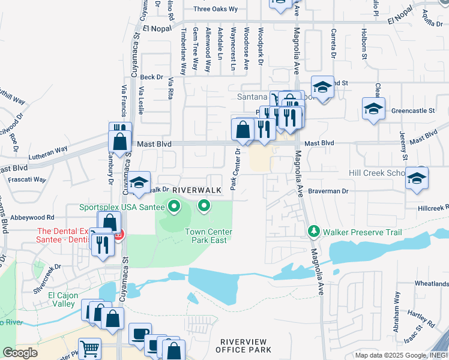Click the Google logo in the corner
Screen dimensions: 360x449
pyautogui.click(x=20, y=353)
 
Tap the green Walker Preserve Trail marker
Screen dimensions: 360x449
pyautogui.click(x=313, y=231)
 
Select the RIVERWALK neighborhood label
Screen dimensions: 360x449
pyautogui.click(x=193, y=190)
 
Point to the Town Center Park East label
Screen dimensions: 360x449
pyautogui.click(x=208, y=235)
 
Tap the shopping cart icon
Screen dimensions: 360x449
pyautogui.click(x=90, y=347)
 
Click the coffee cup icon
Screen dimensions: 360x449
pyautogui.click(x=140, y=333)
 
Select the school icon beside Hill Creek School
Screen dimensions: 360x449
pyautogui.click(x=417, y=178)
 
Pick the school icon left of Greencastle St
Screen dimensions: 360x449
pyautogui.click(x=373, y=109)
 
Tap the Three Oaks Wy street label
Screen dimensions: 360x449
pyautogui.click(x=215, y=10)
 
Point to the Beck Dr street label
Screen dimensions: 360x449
pyautogui.click(x=151, y=77)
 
